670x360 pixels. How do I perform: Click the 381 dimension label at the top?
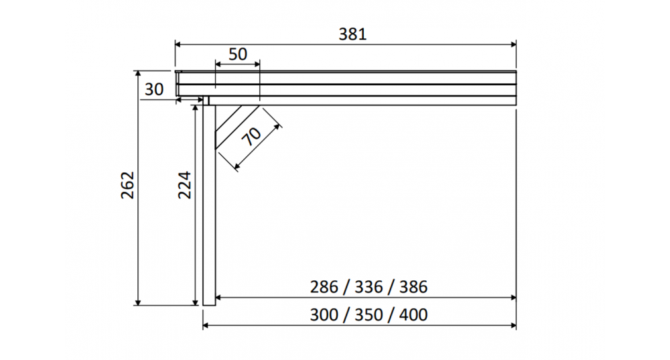[352, 34]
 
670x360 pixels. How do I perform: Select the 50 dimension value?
[238, 54]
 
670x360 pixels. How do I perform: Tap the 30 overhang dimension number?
[154, 89]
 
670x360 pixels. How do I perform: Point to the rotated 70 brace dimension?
[252, 137]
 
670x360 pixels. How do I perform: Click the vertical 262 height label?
[128, 185]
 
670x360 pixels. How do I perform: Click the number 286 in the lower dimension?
[324, 287]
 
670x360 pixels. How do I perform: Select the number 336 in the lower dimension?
[368, 287]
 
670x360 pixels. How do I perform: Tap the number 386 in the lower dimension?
[413, 287]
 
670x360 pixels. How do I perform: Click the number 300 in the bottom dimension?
[324, 314]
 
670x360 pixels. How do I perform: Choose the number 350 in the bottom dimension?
[368, 314]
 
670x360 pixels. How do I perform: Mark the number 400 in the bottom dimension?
[413, 314]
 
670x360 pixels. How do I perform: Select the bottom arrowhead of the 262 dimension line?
[139, 302]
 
